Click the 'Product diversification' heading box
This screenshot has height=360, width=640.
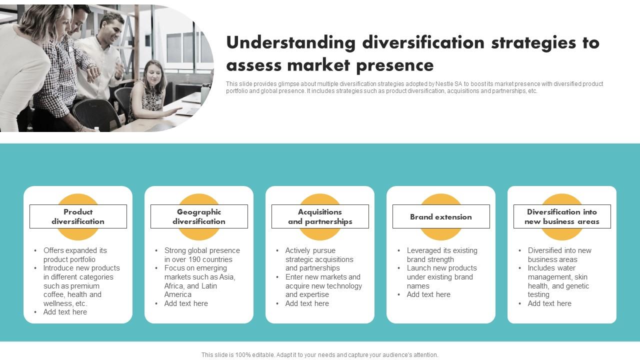click(x=78, y=216)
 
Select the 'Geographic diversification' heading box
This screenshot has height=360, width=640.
click(x=199, y=216)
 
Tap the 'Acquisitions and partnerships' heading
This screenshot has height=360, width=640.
click(x=320, y=216)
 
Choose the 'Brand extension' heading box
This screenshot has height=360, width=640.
click(x=441, y=217)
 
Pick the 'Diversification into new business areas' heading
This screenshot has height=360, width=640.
click(x=562, y=216)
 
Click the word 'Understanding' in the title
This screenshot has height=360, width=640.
click(x=290, y=43)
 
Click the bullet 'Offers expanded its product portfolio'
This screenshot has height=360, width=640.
click(x=75, y=255)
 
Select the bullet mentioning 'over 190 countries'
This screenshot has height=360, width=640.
click(x=202, y=255)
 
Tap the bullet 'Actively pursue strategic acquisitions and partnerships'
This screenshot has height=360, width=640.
click(x=319, y=259)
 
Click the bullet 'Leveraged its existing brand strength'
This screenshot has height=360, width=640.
click(x=442, y=255)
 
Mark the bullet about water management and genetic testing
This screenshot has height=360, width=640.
click(x=558, y=281)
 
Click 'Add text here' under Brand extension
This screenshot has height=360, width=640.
click(x=428, y=294)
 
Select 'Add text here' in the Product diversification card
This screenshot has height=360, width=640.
click(x=65, y=312)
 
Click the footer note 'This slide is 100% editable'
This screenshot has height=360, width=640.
click(x=319, y=355)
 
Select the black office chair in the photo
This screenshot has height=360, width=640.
click(x=97, y=113)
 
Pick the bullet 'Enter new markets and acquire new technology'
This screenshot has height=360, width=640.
click(x=323, y=285)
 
